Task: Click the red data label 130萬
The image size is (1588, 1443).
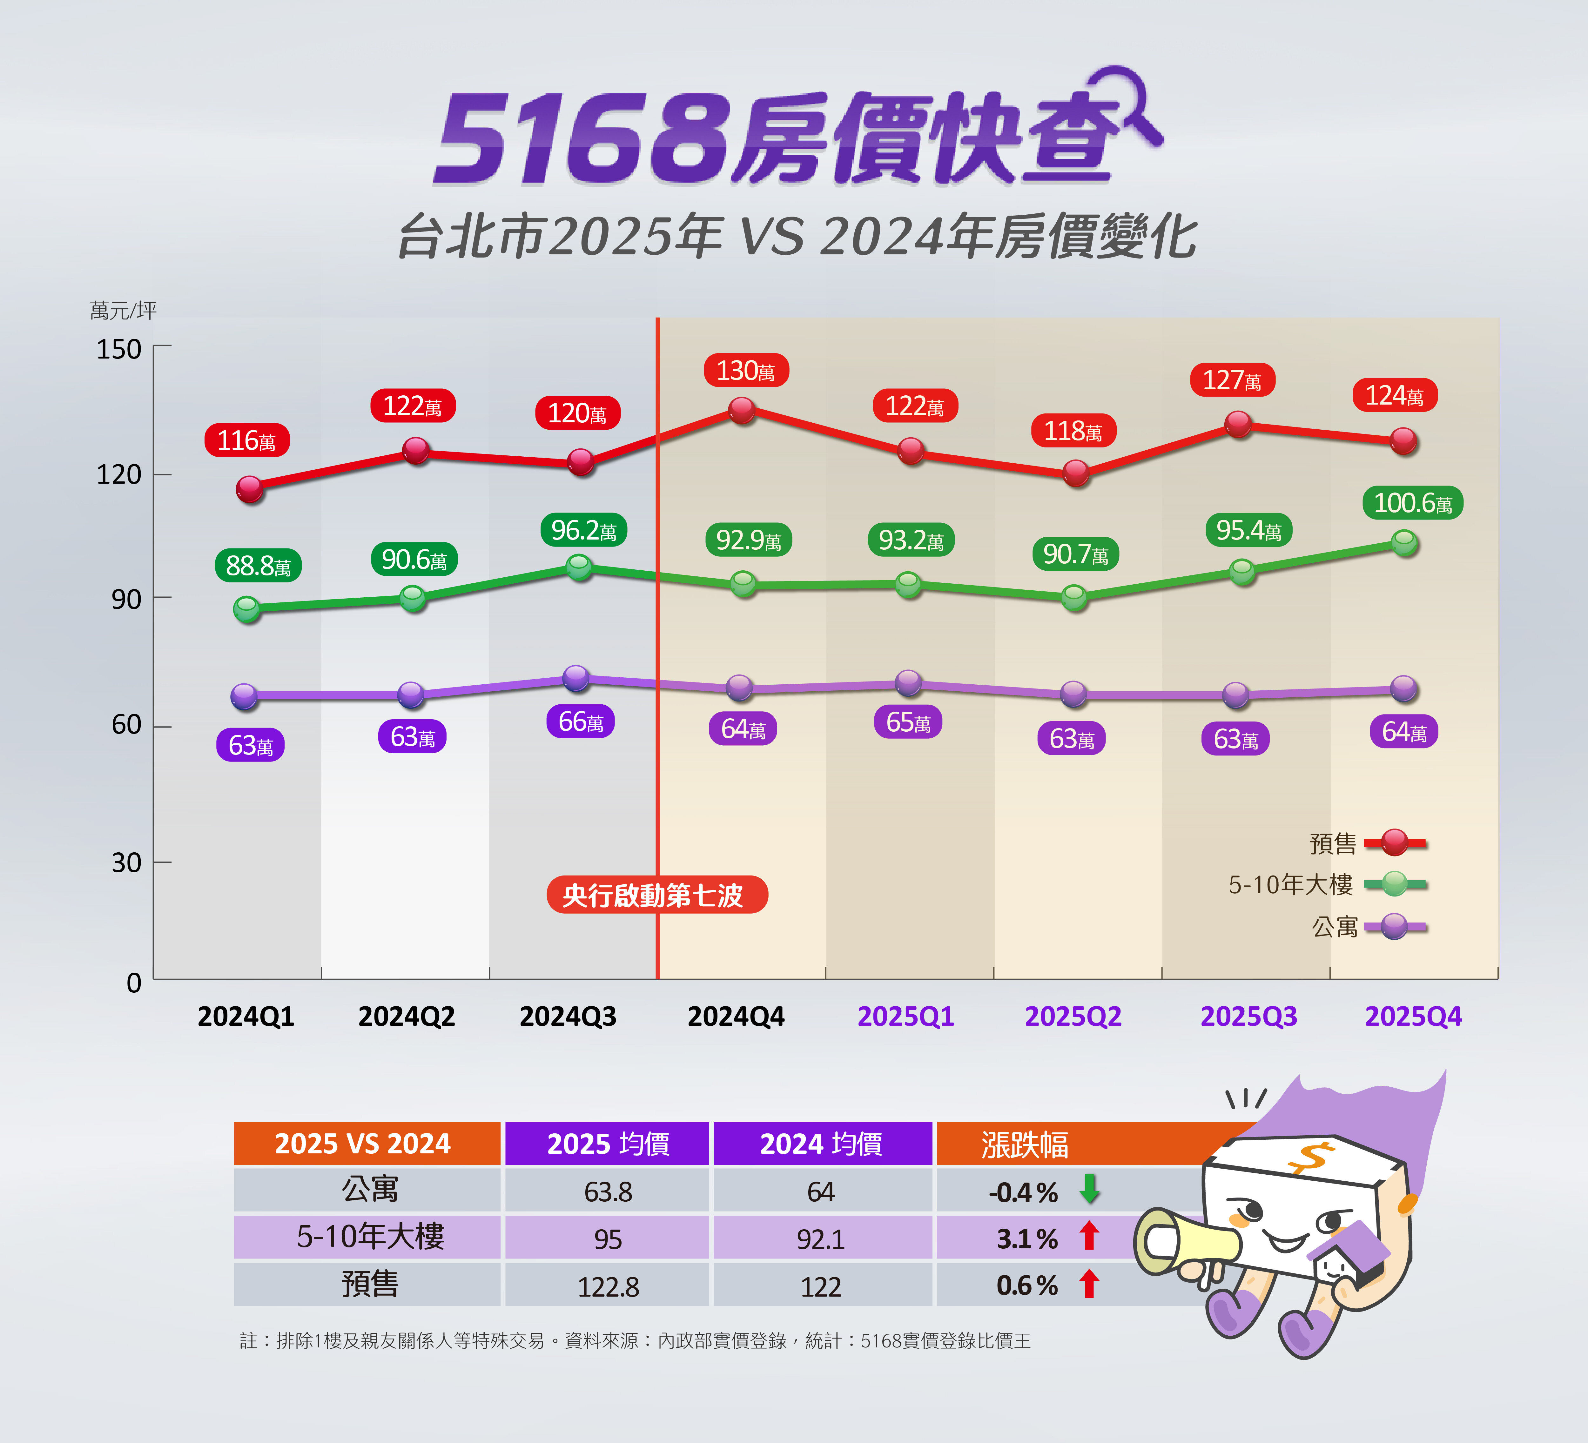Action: point(745,370)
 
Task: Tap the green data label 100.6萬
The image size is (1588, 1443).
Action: point(1412,502)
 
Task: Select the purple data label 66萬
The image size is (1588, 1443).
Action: point(581,721)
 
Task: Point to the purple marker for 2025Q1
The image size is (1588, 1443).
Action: point(908,682)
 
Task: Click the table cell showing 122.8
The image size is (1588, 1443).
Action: point(608,1286)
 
